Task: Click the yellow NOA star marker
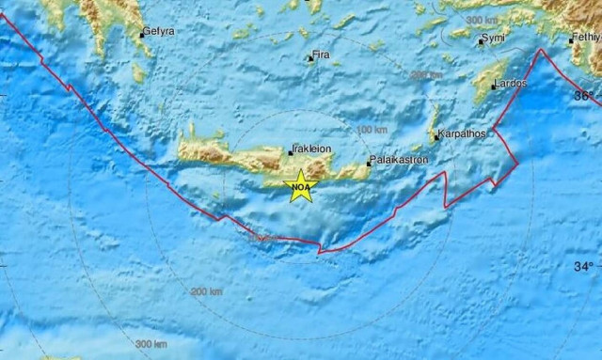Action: [300, 186]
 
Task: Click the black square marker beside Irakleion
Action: [292, 151]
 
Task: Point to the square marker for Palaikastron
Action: [370, 162]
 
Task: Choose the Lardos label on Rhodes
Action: [512, 84]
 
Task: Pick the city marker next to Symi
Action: [478, 40]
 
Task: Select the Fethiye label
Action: [586, 39]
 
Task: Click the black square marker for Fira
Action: [310, 59]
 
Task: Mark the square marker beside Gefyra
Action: [141, 34]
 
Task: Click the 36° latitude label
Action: [585, 96]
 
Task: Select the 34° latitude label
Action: [584, 267]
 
